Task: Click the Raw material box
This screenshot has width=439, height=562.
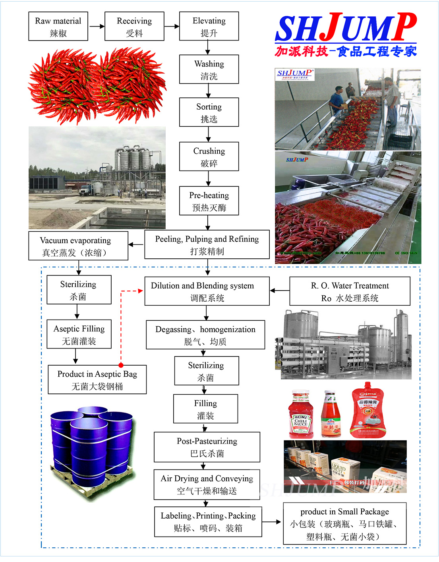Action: (58, 26)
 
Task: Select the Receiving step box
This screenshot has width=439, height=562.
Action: (134, 26)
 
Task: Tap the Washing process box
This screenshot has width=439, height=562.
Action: (209, 69)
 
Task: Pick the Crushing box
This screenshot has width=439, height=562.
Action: (209, 157)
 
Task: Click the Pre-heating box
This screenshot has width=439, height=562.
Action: (209, 201)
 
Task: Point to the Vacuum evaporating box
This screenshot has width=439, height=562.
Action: (78, 246)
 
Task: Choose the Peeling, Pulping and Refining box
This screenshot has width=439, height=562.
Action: (207, 244)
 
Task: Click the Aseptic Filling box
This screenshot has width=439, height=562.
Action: (79, 334)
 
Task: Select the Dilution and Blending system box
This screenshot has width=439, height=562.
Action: (207, 291)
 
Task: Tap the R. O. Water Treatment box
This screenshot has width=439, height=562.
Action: (350, 291)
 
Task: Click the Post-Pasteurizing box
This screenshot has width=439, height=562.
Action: (207, 447)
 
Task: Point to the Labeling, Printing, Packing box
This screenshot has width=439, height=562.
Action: (208, 521)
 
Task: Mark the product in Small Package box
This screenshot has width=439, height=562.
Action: (344, 523)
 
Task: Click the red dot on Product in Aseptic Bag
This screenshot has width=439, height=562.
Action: (121, 365)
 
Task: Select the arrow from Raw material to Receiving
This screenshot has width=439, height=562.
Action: (97, 27)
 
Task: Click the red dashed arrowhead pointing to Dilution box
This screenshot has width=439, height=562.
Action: (140, 291)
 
